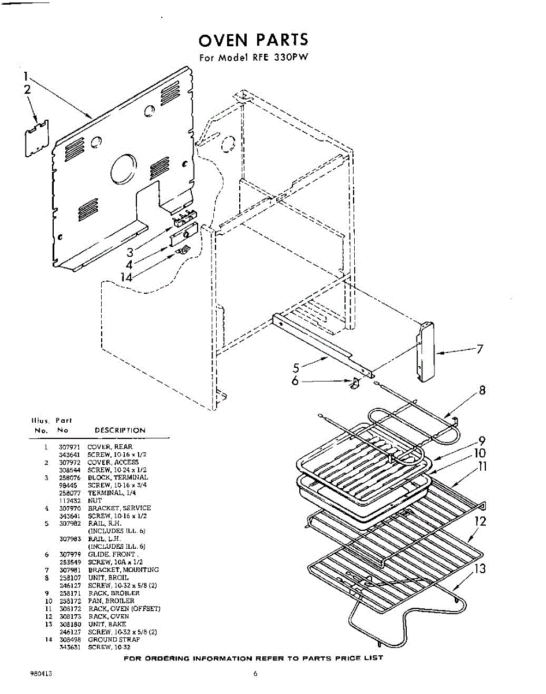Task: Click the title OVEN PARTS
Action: (x=253, y=40)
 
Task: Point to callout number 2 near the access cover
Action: (x=27, y=89)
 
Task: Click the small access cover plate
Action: (x=36, y=138)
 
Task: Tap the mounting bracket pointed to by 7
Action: (x=426, y=352)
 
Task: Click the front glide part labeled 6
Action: (x=355, y=383)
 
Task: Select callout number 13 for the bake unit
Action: (x=479, y=569)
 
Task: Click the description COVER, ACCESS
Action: (x=113, y=462)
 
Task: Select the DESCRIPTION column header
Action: (x=120, y=430)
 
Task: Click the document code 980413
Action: (x=42, y=674)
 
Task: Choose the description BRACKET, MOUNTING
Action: (x=123, y=570)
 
